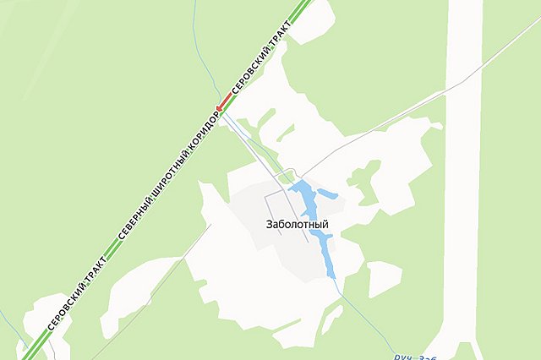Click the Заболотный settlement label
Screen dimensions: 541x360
tap(296, 224)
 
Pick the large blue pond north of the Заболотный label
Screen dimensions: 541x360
tap(305, 199)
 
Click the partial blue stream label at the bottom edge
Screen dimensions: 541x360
tap(415, 356)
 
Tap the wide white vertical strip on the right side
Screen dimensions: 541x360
tap(463, 169)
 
